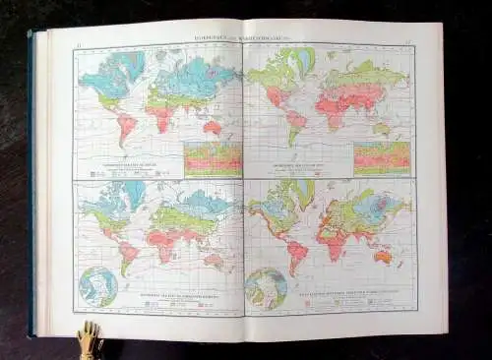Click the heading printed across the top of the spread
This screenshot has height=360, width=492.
tap(247, 41)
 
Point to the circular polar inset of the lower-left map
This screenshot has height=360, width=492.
tap(98, 285)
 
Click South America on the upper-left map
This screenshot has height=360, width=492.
tap(125, 128)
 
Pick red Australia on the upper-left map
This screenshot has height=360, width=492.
tap(213, 128)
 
